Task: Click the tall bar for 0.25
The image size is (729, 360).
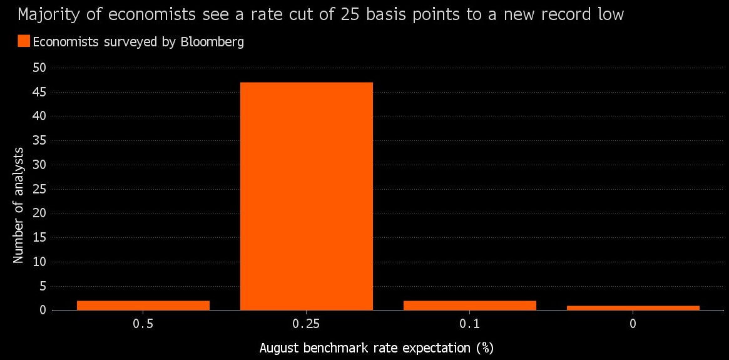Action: click(x=306, y=195)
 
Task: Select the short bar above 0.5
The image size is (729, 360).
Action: click(x=143, y=305)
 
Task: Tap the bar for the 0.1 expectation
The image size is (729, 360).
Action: click(x=469, y=305)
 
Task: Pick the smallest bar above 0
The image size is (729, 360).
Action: click(x=633, y=307)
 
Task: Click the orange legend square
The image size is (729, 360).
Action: click(x=24, y=41)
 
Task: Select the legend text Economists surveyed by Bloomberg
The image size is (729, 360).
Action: click(x=138, y=42)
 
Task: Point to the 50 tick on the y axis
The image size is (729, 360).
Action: click(x=39, y=68)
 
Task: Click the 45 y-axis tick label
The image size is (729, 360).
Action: click(x=39, y=92)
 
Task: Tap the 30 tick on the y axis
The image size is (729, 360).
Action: click(x=39, y=165)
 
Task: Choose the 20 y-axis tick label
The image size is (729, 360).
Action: click(x=39, y=213)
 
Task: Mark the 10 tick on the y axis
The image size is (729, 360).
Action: click(x=39, y=262)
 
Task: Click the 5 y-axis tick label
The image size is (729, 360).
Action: click(x=43, y=286)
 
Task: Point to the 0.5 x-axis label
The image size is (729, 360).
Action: click(x=143, y=324)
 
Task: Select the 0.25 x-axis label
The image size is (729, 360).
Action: click(x=306, y=324)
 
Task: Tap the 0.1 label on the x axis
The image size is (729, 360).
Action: click(x=469, y=324)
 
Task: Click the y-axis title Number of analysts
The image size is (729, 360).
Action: click(x=19, y=205)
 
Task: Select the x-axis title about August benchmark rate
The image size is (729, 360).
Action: click(x=372, y=347)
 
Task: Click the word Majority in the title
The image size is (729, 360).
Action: click(x=44, y=14)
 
